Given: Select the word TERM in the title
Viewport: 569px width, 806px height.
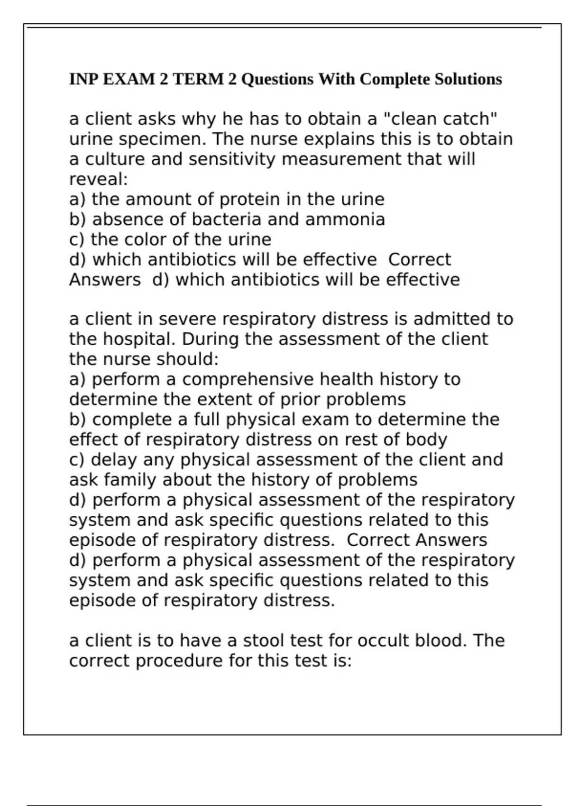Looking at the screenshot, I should click(198, 79).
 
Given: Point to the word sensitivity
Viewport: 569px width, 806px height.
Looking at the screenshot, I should click(232, 159).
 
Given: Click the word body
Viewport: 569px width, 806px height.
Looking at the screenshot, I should click(426, 440).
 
